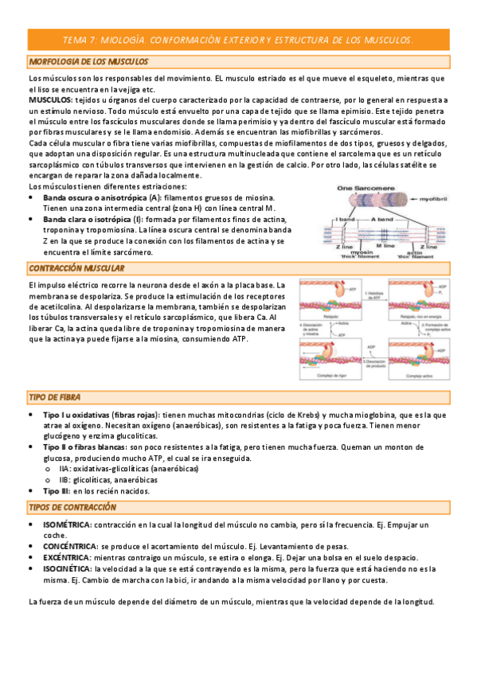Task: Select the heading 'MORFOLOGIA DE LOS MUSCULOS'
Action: pyautogui.click(x=84, y=62)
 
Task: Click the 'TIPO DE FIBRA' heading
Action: pyautogui.click(x=54, y=396)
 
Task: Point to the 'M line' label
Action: pyautogui.click(x=388, y=247)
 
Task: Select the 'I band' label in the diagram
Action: pyautogui.click(x=346, y=217)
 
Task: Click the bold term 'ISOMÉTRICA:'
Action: pyautogui.click(x=68, y=525)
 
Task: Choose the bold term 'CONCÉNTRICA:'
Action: pyautogui.click(x=70, y=547)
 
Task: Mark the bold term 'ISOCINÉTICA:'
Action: pyautogui.click(x=68, y=569)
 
